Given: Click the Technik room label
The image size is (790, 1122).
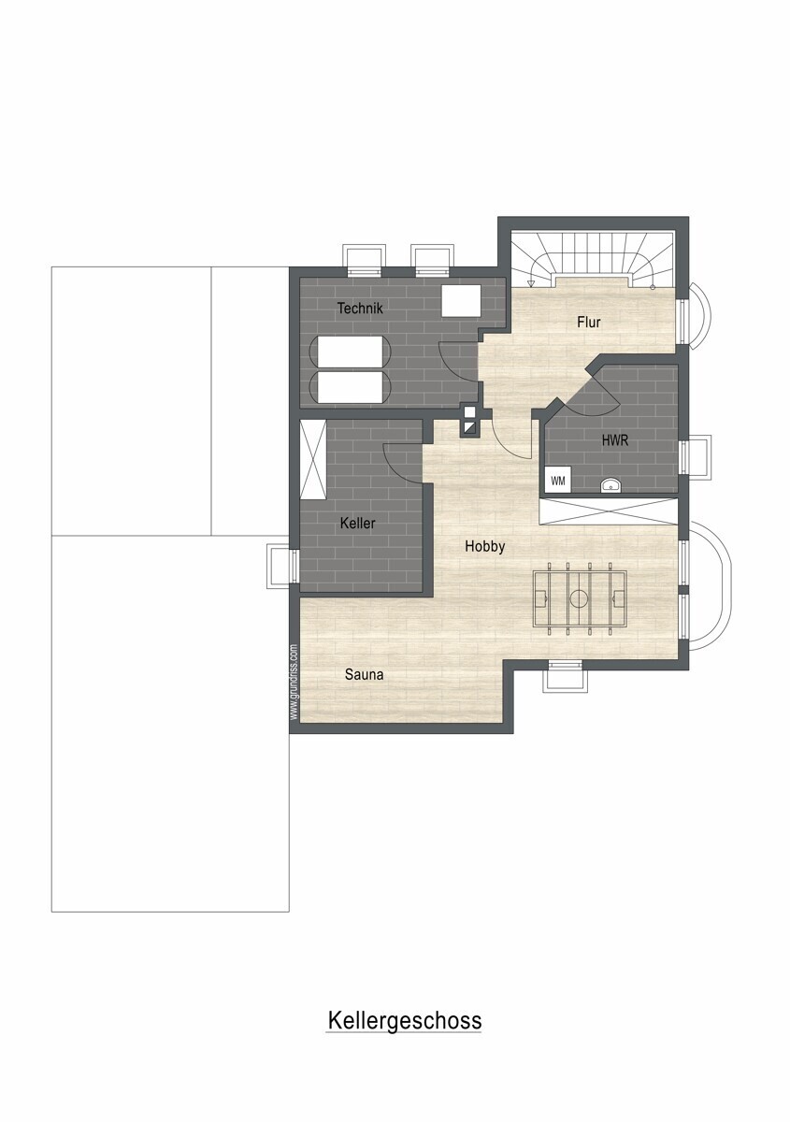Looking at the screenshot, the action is pos(360,308).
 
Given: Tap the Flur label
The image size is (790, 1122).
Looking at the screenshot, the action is pos(589,322).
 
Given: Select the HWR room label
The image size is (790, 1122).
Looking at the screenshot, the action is pos(614,440).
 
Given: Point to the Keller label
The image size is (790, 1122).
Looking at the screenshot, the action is pos(357,524).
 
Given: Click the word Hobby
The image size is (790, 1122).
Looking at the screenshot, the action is pos(484,546).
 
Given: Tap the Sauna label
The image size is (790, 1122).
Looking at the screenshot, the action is pos(365,675).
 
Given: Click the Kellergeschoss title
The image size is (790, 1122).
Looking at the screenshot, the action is pos(404,1020).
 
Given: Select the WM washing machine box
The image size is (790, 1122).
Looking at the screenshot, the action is pos(558,481).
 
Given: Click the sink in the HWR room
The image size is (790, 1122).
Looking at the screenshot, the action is pos(610,485).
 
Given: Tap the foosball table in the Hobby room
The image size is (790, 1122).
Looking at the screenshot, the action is pos(579,598).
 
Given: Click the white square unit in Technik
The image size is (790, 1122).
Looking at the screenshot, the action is pos(461,300).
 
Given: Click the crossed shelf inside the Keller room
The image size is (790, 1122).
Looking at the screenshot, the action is pos(313,459).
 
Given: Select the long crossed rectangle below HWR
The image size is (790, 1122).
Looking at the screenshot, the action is pos(608,511).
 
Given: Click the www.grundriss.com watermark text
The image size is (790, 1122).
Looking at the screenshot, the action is pos(294,683).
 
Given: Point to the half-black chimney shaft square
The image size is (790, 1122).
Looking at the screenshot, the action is pos(470,427).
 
